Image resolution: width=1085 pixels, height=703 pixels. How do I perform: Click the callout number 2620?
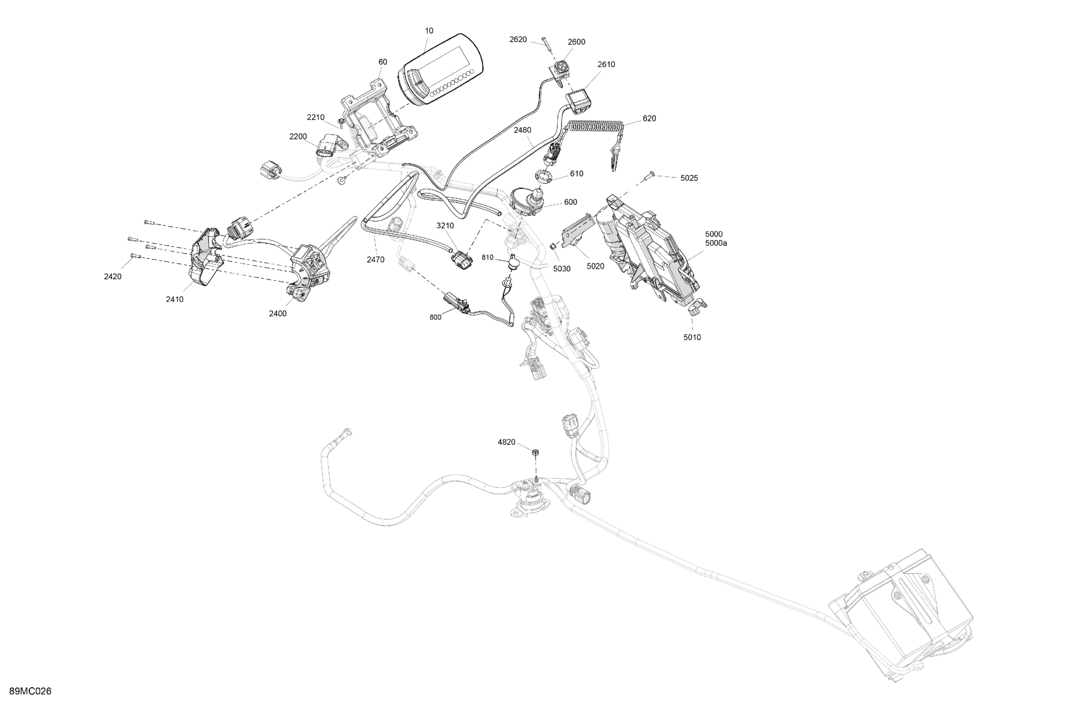[x=518, y=40]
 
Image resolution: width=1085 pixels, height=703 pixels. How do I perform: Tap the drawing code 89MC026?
[x=30, y=691]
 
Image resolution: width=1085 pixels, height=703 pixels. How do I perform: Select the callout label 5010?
[x=692, y=337]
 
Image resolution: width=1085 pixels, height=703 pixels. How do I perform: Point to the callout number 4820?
[x=506, y=442]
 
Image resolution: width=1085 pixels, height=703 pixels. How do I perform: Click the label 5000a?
[x=716, y=243]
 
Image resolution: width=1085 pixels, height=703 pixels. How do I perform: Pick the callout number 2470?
[x=375, y=260]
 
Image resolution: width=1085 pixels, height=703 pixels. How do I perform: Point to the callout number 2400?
[x=278, y=313]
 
